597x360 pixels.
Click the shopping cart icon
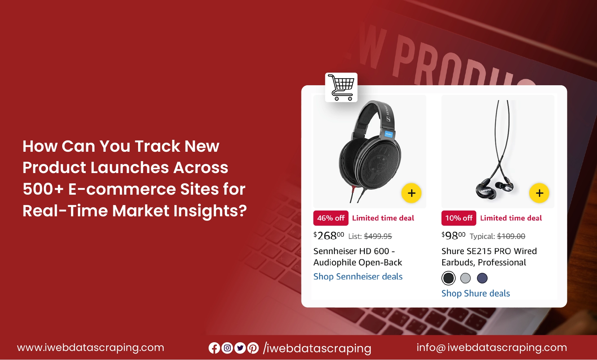point(341,87)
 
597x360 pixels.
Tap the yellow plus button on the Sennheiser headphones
point(411,193)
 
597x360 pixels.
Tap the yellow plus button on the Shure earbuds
point(539,193)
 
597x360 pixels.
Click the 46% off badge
point(331,218)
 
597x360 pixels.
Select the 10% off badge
point(459,218)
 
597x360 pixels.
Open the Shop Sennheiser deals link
point(358,276)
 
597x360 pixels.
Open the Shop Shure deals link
point(476,293)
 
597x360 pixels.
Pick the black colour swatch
point(449,278)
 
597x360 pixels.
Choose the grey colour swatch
point(465,278)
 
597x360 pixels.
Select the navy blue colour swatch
point(482,278)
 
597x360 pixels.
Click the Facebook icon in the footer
point(214,348)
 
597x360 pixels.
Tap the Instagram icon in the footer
point(227,348)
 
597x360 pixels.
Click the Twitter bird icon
point(240,348)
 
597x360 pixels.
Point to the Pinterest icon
point(253,348)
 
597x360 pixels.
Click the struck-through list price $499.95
point(378,236)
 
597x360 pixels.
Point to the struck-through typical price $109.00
point(511,236)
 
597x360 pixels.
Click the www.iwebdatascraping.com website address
point(91,348)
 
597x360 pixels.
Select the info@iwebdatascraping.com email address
point(492,348)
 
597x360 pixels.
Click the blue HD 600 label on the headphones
point(389,134)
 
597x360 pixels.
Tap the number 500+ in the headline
point(43,189)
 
